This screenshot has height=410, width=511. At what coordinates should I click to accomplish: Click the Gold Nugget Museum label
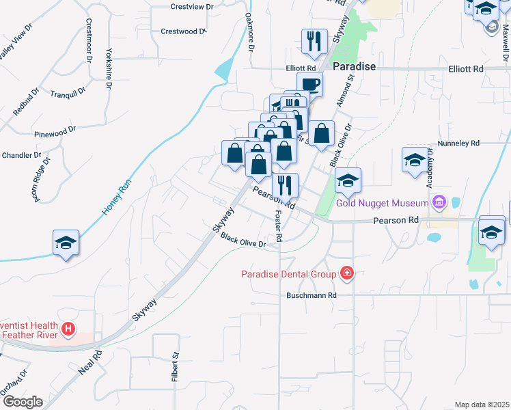pos(383,203)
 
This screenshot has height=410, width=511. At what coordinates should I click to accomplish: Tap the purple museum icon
pos(438,202)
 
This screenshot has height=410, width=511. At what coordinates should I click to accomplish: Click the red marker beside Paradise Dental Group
pos(347,274)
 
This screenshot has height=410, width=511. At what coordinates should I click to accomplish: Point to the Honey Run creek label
pos(115,198)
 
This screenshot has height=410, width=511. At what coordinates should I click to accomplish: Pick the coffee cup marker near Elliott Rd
pos(310,83)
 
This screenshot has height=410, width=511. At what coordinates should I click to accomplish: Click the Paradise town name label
pos(355,67)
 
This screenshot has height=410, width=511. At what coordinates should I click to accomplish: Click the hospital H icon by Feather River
pos(68,329)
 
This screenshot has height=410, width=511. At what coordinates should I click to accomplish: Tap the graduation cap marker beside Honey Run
pos(66,243)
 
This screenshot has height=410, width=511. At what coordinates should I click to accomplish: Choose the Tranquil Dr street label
pos(68,91)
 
